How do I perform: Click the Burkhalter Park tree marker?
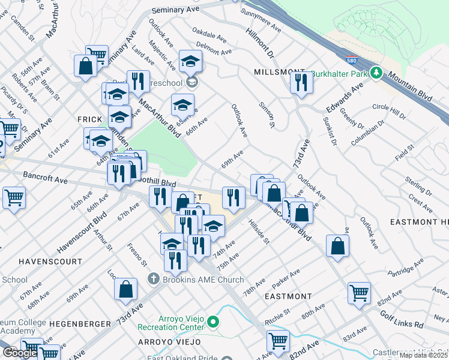(x=376, y=73)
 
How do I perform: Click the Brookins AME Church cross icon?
(x=153, y=280)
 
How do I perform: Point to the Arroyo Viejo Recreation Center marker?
(x=212, y=324)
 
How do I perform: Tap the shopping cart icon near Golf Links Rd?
(x=359, y=293)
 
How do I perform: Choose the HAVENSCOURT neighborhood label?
(x=50, y=262)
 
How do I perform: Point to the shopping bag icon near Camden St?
(x=85, y=66)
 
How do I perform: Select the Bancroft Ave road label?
(x=46, y=178)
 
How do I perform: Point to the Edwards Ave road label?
(x=345, y=97)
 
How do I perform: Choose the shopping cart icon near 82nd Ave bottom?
(x=278, y=341)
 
